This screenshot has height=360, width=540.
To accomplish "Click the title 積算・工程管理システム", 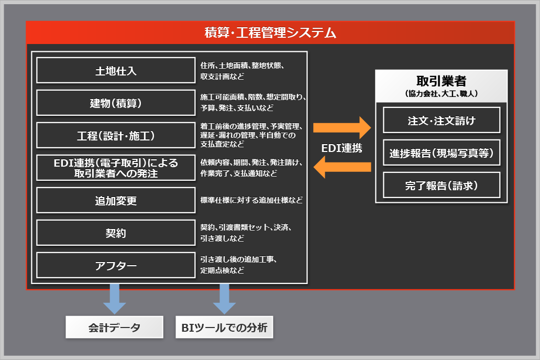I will [x=270, y=33].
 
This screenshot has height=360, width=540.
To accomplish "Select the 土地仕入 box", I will [x=116, y=70].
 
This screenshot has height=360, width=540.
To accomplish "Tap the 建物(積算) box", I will [x=116, y=103].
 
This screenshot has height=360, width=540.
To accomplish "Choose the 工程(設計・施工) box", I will [x=116, y=135].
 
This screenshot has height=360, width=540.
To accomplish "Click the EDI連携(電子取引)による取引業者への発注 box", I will [x=116, y=168].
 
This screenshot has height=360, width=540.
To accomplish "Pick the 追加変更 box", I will [x=116, y=200].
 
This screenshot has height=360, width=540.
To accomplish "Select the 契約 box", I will [x=116, y=233].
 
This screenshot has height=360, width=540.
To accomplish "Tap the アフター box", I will [x=116, y=265].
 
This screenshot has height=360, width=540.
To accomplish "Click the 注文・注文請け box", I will [x=442, y=121].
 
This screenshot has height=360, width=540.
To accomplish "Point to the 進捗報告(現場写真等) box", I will [x=442, y=153].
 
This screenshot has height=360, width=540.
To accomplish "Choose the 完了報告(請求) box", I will [x=442, y=185].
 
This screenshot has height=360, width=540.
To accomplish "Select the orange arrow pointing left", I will [x=341, y=167].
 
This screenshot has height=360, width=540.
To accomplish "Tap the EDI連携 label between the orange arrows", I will [x=341, y=148].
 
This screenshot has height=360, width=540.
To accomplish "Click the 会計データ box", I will [x=114, y=328].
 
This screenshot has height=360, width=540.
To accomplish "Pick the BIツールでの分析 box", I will [x=224, y=328].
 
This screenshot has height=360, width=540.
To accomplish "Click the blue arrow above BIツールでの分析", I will [x=224, y=298].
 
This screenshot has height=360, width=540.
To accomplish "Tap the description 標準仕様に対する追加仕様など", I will [x=251, y=200].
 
